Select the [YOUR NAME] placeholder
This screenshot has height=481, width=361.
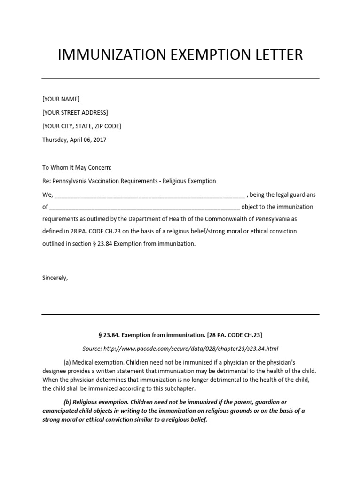pos(61,99)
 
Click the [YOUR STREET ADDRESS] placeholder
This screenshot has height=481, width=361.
pos(75,112)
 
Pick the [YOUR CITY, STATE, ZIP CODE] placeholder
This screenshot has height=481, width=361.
pos(82,126)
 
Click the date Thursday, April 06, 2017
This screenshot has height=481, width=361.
pos(74,140)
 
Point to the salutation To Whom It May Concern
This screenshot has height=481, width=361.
pos(77,167)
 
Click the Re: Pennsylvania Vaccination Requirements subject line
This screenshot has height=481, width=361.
pos(129,181)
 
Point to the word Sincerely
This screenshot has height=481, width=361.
pos(55,278)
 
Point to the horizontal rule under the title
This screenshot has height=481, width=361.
pos(180,78)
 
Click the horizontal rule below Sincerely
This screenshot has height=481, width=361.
pos(180,314)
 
